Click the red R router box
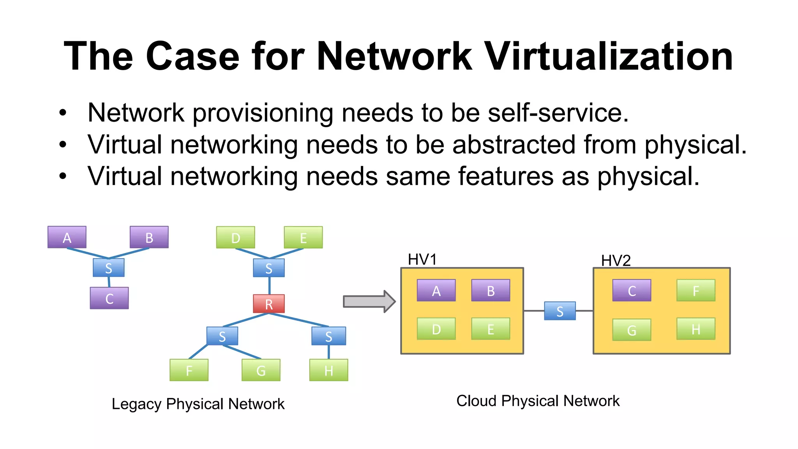[x=269, y=304]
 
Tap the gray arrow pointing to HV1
[x=369, y=301]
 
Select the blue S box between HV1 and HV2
[x=560, y=311]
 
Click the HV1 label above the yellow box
[x=422, y=260]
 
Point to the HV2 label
[x=616, y=260]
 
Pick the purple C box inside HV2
[x=632, y=290]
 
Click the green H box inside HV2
[x=696, y=329]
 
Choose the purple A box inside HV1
[x=436, y=290]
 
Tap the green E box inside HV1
[x=491, y=329]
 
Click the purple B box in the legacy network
[x=149, y=237]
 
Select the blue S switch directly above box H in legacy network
[x=328, y=336]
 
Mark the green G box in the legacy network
[x=261, y=370]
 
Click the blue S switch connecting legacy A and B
[x=109, y=268]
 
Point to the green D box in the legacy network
[x=236, y=237]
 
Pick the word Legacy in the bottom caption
[x=136, y=404]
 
